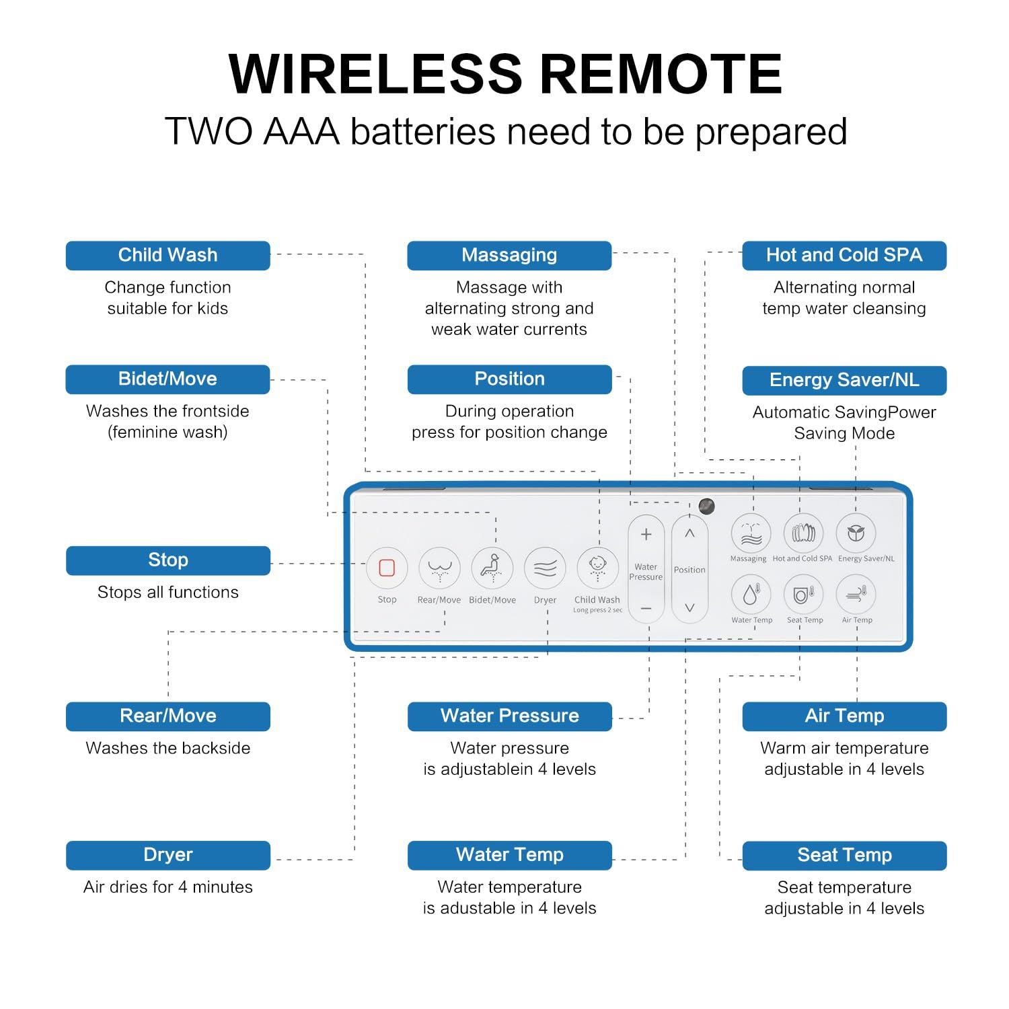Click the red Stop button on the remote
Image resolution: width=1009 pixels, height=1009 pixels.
(387, 568)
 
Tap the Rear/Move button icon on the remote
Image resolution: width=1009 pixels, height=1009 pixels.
(439, 568)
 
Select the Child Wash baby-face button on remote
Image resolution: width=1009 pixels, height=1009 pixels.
(597, 567)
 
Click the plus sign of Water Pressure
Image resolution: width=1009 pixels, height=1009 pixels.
(646, 535)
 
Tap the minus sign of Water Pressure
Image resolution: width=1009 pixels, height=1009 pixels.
(646, 608)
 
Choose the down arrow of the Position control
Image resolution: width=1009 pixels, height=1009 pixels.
(689, 607)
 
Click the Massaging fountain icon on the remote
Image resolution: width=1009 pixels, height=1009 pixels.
(751, 533)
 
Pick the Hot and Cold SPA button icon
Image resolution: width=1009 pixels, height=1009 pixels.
(803, 533)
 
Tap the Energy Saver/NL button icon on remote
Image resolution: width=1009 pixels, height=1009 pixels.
(856, 533)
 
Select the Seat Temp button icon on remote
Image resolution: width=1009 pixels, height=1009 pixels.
(803, 595)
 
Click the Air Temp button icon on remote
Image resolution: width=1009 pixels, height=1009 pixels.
(856, 595)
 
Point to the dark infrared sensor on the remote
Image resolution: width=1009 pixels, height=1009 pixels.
(706, 506)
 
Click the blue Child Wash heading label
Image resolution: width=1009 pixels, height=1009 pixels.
(167, 256)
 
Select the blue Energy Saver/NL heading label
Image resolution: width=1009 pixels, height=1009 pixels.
(844, 381)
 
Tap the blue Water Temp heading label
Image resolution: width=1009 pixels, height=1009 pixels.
(509, 855)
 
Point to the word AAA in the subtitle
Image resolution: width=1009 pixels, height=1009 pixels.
(301, 132)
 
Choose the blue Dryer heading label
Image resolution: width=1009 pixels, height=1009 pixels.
(167, 855)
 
